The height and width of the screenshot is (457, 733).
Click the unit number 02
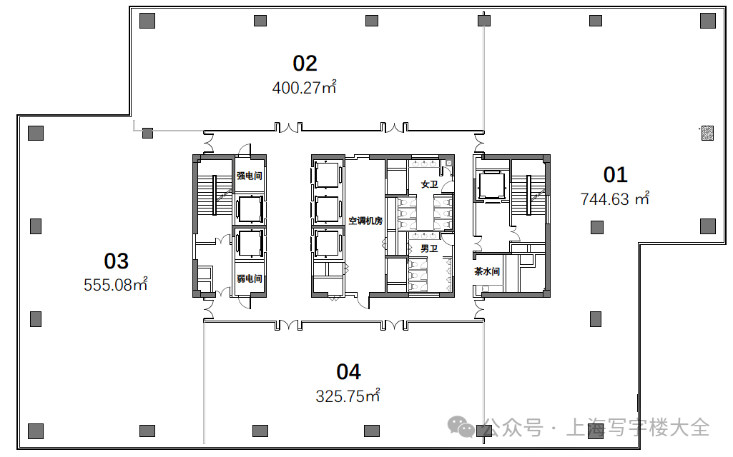point(305,64)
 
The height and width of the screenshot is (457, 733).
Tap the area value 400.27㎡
point(305,87)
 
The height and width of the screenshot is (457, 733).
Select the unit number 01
point(615,175)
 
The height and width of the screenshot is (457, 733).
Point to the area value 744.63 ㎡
point(615,199)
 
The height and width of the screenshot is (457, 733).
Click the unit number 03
point(117,261)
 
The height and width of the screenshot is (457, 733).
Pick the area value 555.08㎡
point(115,284)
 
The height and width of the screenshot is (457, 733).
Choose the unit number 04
point(349,372)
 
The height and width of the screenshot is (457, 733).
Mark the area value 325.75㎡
point(348,396)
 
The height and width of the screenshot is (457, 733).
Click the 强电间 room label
point(249,176)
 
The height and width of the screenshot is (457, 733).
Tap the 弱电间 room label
point(249,278)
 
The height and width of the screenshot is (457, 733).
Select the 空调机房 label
point(365,221)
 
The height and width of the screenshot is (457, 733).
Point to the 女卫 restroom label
point(429,184)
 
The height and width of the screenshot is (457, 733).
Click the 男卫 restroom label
point(429,248)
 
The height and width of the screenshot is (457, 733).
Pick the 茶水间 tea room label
point(487,271)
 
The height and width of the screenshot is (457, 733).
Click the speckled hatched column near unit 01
point(707,133)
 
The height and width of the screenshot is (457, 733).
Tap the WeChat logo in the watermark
point(461,426)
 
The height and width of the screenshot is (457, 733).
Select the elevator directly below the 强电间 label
point(250,209)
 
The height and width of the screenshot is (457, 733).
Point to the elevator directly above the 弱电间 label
point(250,243)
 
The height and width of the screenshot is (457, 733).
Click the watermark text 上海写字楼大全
point(638,427)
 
